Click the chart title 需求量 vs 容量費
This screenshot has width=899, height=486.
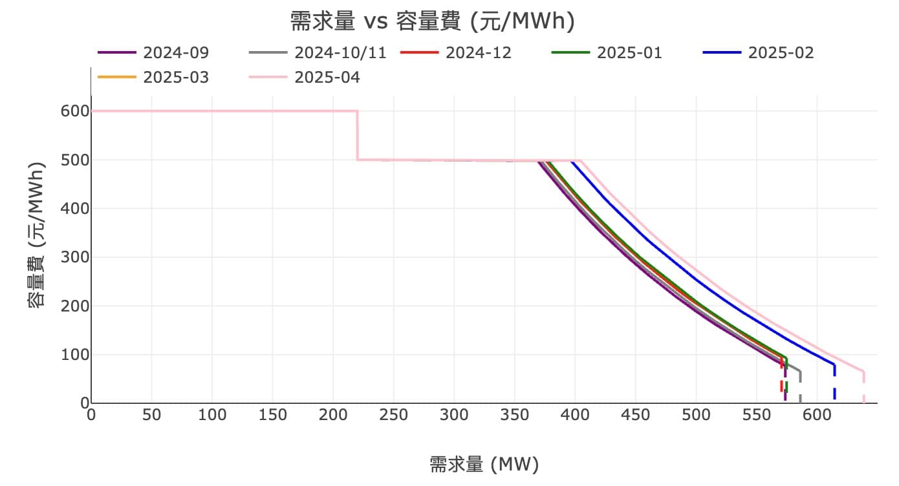pos(432,22)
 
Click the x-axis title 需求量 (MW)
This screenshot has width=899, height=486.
pos(484,464)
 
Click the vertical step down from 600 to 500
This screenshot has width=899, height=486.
pos(357,136)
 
